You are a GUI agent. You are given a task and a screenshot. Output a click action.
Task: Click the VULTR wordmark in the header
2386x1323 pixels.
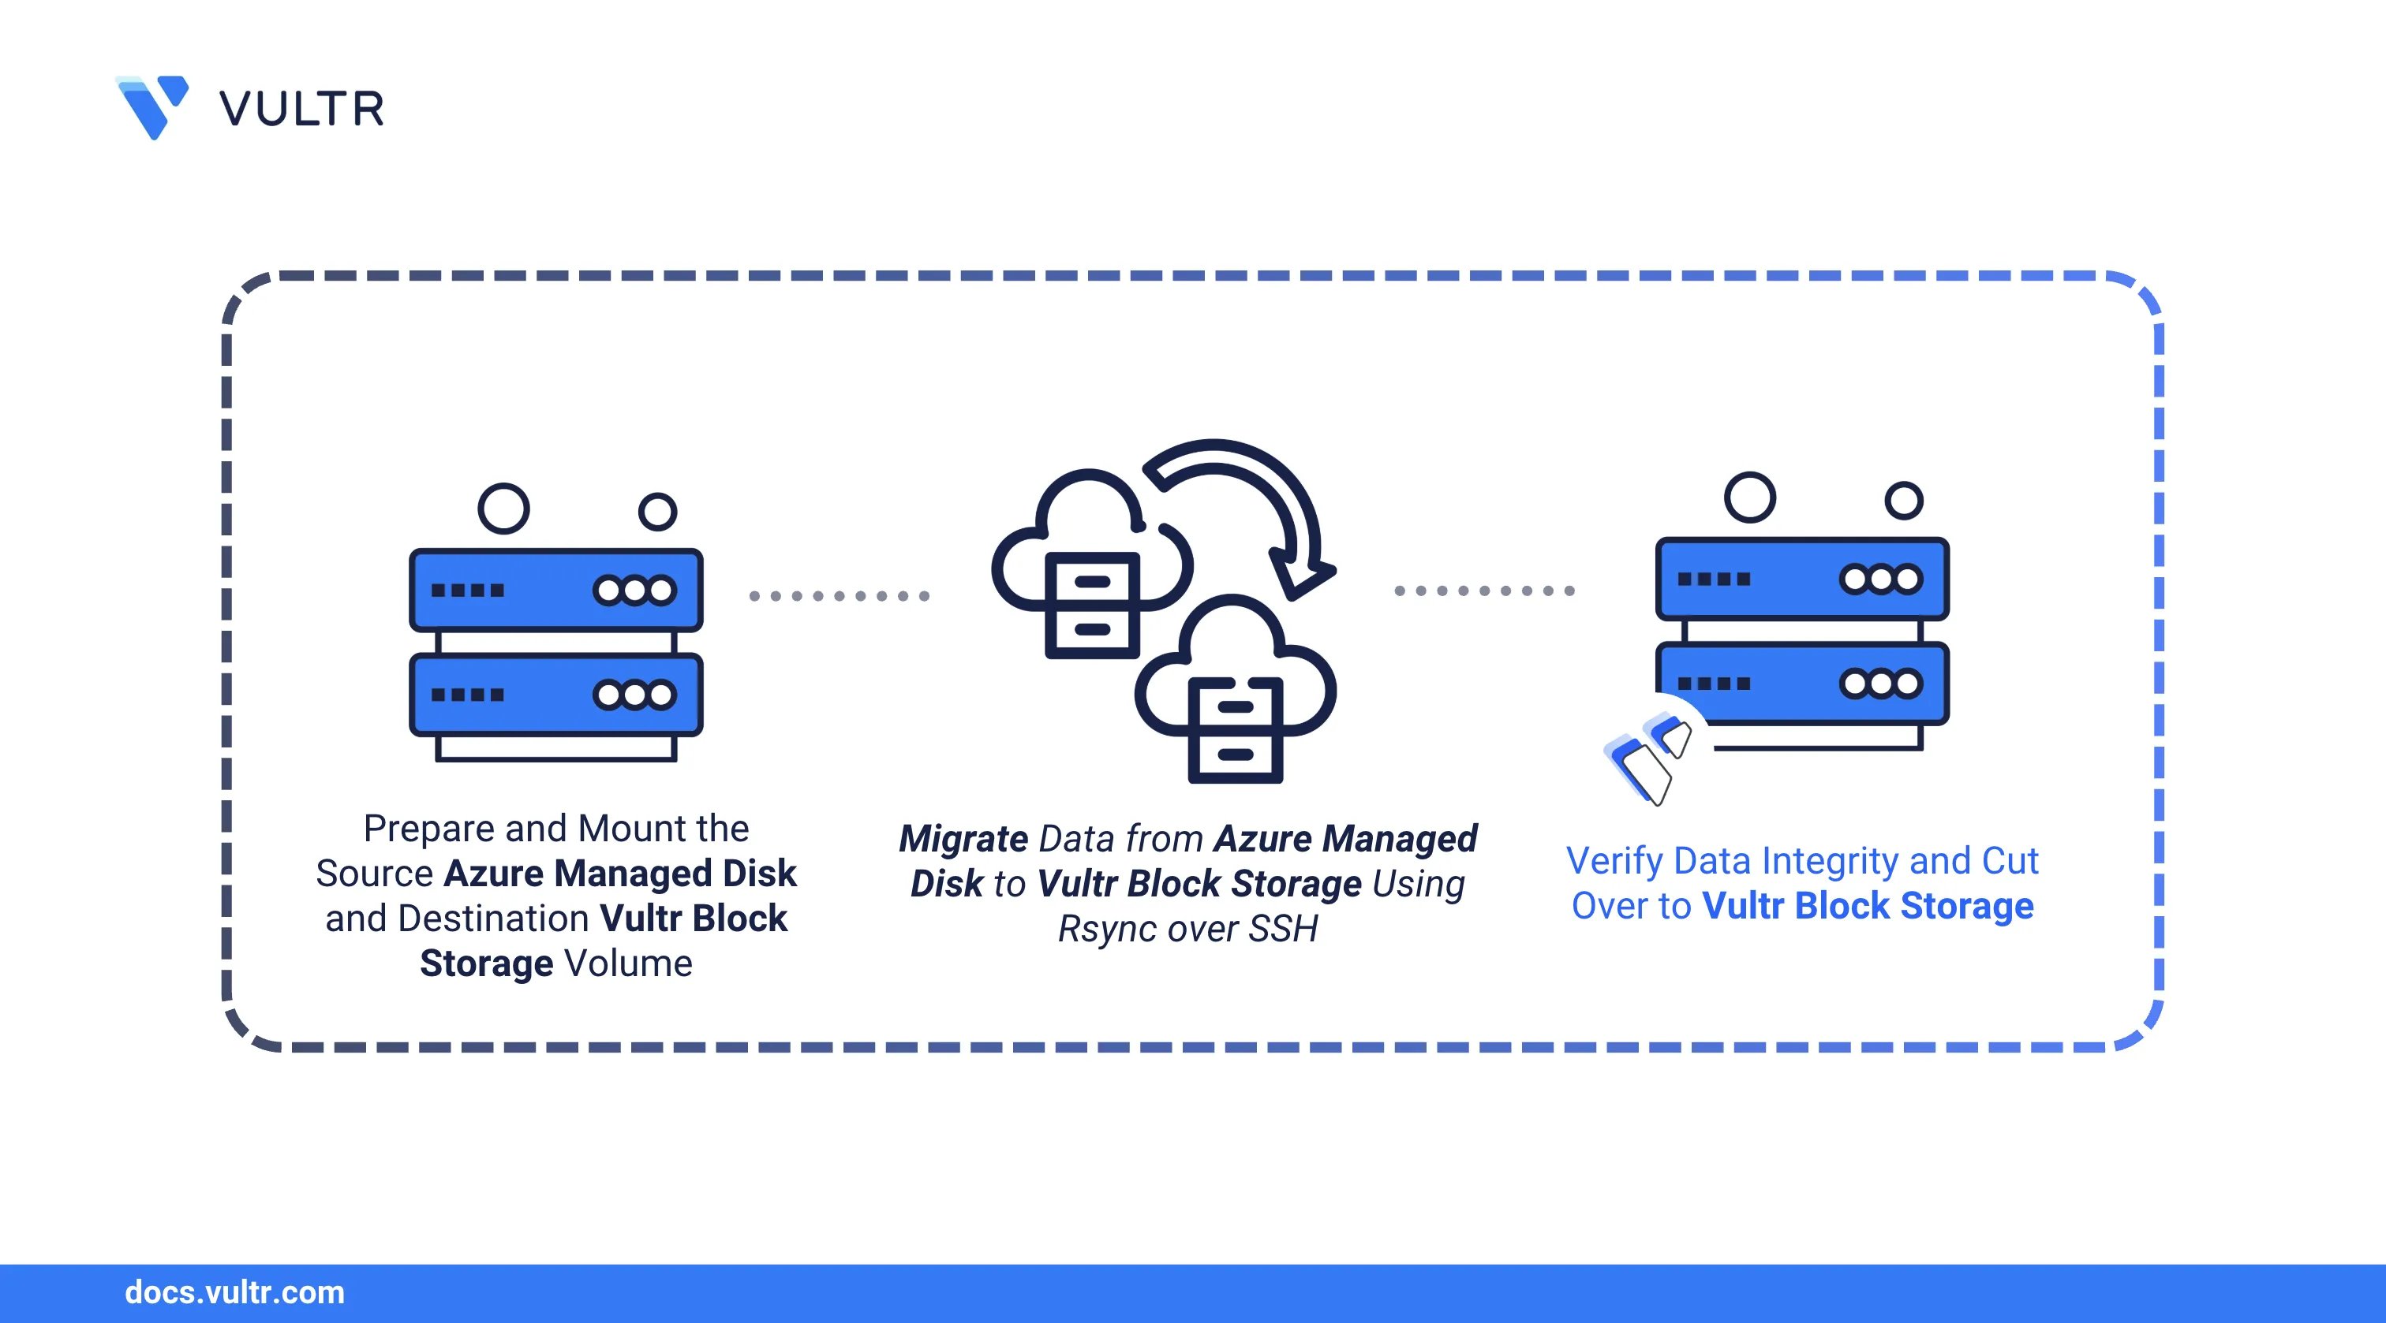pyautogui.click(x=302, y=110)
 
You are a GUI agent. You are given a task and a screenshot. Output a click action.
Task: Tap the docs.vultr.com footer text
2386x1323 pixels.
pyautogui.click(x=234, y=1292)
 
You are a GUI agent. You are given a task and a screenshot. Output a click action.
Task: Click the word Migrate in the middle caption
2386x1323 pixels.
pyautogui.click(x=963, y=839)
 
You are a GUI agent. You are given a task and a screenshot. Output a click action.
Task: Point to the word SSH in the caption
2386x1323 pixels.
pyautogui.click(x=1283, y=929)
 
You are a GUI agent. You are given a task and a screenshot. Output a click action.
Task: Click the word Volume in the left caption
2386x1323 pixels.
pyautogui.click(x=629, y=963)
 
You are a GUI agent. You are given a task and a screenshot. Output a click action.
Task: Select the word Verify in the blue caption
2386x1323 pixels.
pyautogui.click(x=1614, y=861)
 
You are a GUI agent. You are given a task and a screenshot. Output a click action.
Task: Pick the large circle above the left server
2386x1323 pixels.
pyautogui.click(x=504, y=509)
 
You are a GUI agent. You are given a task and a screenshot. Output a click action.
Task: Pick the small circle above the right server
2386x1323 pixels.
pyautogui.click(x=1903, y=501)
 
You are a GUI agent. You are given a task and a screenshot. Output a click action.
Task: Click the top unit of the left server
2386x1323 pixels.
pyautogui.click(x=555, y=590)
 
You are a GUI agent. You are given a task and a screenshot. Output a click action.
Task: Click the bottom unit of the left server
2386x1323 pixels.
pyautogui.click(x=555, y=695)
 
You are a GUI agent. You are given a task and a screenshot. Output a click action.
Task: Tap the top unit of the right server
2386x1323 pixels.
pyautogui.click(x=1802, y=579)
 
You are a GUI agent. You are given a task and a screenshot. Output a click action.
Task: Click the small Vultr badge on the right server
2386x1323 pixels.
pyautogui.click(x=1649, y=755)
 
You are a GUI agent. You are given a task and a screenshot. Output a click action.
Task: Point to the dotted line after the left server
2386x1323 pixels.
pyautogui.click(x=838, y=595)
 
